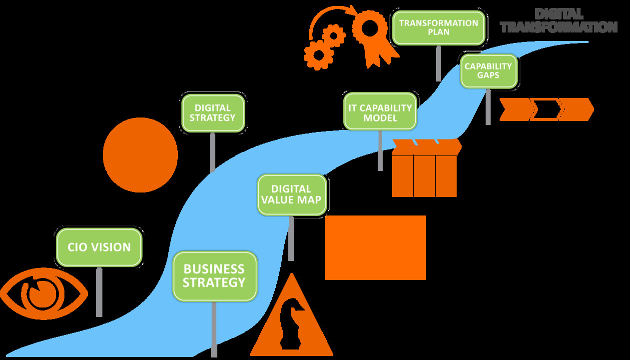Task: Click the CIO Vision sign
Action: coord(99,247)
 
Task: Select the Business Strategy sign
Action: coord(214,276)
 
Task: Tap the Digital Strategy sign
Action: coord(213,113)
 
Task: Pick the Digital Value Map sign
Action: coord(291,194)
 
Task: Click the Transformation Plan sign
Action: coord(438,27)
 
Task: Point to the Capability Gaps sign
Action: coord(488,71)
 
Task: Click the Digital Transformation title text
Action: coord(559,21)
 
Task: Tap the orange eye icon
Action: coord(42,294)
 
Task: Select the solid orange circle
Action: coord(140,155)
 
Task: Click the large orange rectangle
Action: coord(376,247)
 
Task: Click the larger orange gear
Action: coord(318,54)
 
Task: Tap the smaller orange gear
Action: coord(333,36)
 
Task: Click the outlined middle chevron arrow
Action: coord(546,109)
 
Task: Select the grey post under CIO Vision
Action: coord(99,292)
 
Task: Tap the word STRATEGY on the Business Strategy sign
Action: coord(214,283)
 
